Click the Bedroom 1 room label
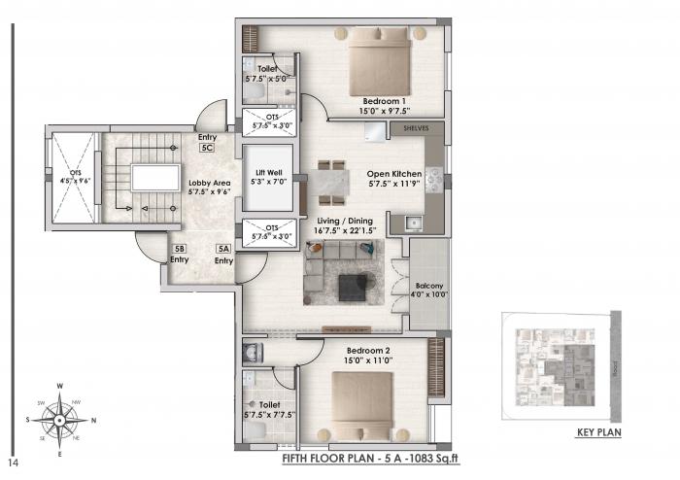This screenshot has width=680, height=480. [384, 101]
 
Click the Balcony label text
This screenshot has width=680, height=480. [428, 288]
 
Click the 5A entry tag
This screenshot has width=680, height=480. [223, 249]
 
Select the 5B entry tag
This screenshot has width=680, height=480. [179, 249]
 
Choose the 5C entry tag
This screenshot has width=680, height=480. [206, 149]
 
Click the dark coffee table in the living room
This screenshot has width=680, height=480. [351, 286]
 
